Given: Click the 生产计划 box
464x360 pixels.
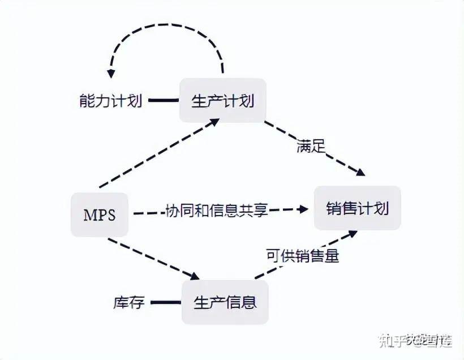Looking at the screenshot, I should [x=222, y=101].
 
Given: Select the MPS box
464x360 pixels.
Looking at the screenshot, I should [x=100, y=215].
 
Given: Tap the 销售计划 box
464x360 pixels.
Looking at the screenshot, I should [x=357, y=208].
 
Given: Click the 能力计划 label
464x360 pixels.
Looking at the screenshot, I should [x=110, y=101].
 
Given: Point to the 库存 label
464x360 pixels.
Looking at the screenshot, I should [x=129, y=302].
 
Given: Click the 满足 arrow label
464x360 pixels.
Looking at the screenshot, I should [x=311, y=147].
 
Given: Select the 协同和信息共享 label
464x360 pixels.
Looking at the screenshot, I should [x=216, y=211].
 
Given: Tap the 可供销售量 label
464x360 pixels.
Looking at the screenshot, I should [x=302, y=255].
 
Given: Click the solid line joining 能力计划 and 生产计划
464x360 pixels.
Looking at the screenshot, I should [x=163, y=101].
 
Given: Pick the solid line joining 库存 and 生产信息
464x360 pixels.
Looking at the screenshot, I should [x=165, y=302].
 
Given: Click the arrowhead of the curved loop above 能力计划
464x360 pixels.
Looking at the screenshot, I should [x=111, y=73].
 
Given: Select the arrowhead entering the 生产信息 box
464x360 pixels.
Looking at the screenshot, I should [x=195, y=276].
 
